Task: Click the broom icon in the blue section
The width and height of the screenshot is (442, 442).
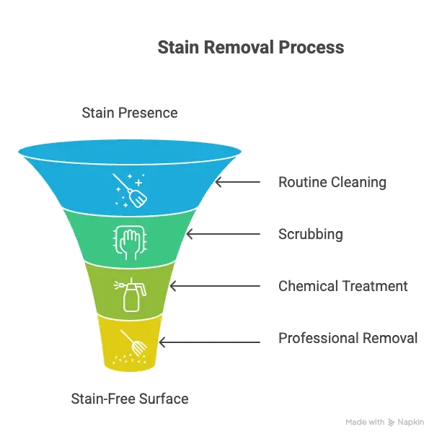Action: point(130,190)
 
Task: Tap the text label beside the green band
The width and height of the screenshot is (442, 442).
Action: point(311,235)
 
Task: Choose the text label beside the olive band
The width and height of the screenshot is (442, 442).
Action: point(343,287)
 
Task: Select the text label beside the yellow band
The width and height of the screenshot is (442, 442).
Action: point(348,339)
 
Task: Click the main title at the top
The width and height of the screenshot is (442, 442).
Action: point(251,48)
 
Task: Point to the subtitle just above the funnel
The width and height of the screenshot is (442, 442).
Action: point(129,113)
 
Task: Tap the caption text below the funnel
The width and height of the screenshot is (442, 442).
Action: point(130,398)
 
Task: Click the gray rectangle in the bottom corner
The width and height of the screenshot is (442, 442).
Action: point(386,422)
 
